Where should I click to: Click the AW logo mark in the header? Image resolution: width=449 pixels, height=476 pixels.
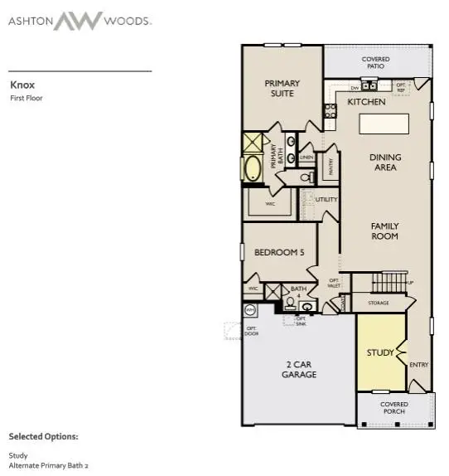(x=78, y=21)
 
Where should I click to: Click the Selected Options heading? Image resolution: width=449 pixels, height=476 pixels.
(x=44, y=435)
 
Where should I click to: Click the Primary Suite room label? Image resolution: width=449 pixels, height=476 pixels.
(x=282, y=89)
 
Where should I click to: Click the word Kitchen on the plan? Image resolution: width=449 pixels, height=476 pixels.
(x=366, y=101)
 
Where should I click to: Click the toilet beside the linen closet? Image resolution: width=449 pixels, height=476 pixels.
(x=305, y=177)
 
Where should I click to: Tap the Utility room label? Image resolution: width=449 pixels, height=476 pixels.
(x=326, y=200)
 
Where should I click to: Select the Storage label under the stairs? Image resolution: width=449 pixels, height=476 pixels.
(x=378, y=304)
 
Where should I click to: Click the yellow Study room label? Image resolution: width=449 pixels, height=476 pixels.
(x=380, y=352)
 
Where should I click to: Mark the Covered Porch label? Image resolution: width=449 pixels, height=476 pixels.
(x=394, y=408)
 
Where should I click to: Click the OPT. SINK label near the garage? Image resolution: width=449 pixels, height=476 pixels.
(x=302, y=321)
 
